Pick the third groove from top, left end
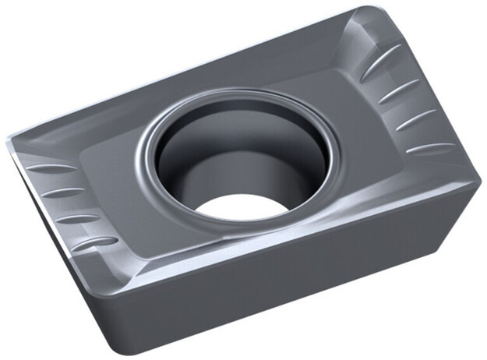78,219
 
